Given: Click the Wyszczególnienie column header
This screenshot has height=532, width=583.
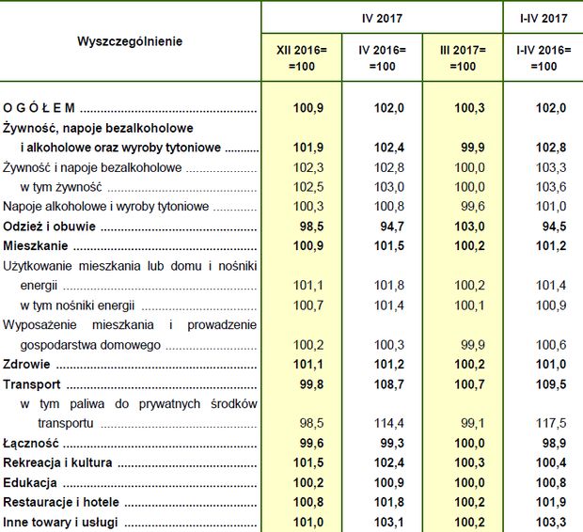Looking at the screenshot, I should tap(130, 41).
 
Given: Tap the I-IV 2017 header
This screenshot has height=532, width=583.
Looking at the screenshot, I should tap(543, 18).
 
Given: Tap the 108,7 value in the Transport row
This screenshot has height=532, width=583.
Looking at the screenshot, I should tap(388, 384).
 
